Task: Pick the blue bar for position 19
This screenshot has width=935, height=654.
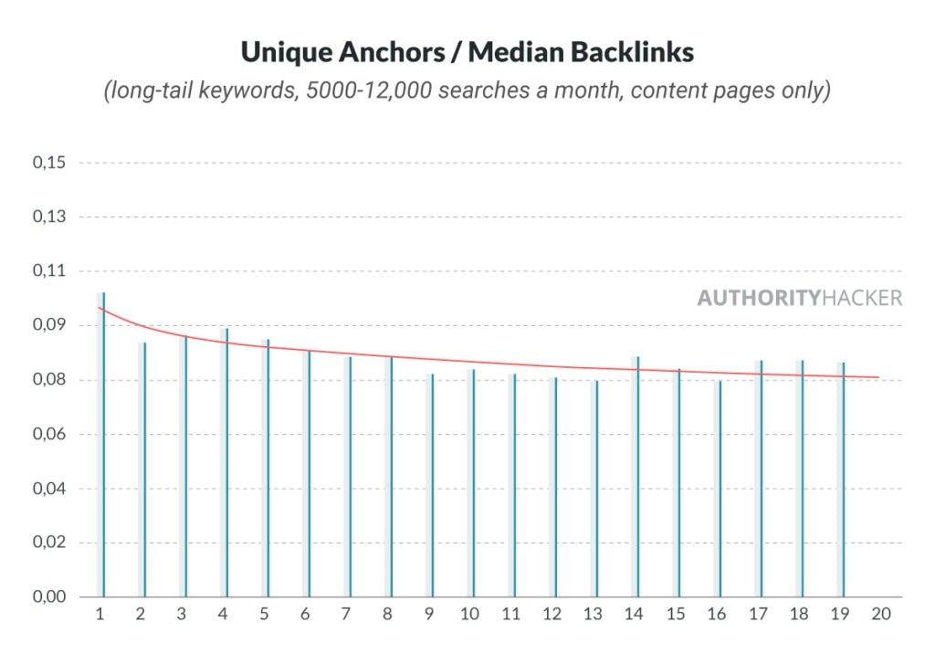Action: [844, 480]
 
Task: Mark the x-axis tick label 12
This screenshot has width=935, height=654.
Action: [551, 615]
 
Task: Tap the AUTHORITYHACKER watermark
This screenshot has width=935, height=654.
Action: [799, 299]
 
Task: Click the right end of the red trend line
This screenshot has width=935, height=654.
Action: [879, 377]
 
